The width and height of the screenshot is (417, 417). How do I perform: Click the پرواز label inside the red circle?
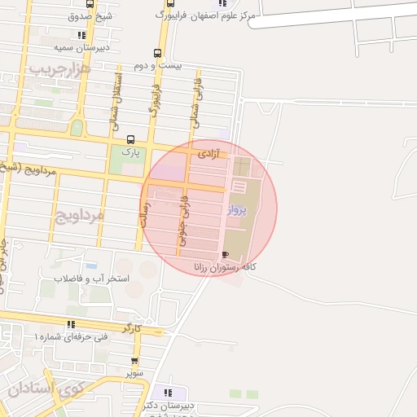coord(235,210)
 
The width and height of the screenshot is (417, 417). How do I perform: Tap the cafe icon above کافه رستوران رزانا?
coord(225,255)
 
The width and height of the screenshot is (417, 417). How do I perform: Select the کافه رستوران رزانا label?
coord(226,267)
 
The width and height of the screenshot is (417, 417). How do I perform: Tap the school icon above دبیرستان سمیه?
coord(81,35)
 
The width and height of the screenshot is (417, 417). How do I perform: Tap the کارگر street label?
coord(131,327)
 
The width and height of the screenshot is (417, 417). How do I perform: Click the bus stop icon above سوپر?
coord(134,361)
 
